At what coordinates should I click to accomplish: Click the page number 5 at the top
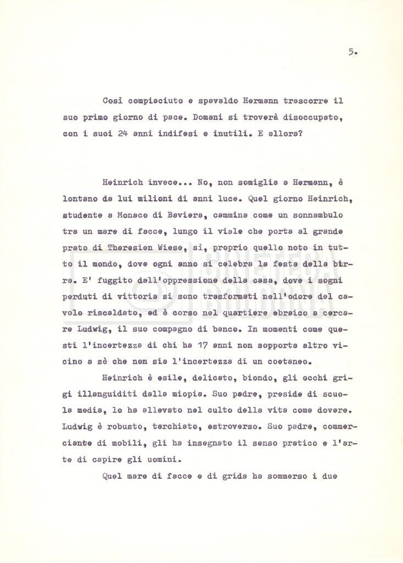click(x=352, y=53)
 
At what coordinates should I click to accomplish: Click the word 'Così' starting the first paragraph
click(x=113, y=101)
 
